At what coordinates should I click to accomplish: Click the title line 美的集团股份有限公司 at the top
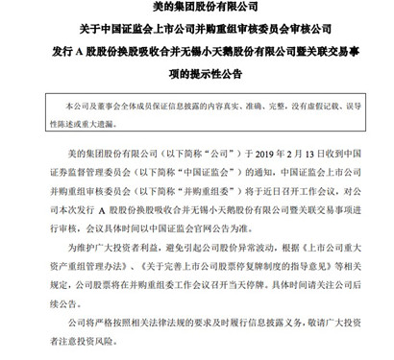pyautogui.click(x=197, y=10)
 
